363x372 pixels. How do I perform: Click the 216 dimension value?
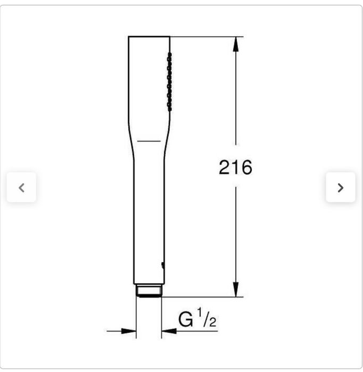tap(235, 167)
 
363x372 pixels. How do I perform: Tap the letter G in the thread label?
tap(185, 320)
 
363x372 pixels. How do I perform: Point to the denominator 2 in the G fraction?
tap(212, 322)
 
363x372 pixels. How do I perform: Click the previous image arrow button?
tap(21, 188)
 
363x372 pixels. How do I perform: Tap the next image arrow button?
tap(341, 188)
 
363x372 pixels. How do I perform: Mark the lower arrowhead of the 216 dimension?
tap(236, 290)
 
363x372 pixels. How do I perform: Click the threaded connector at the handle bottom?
tap(148, 290)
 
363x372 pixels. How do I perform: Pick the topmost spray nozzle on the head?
tap(169, 55)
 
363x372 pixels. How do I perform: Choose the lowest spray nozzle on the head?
tap(169, 108)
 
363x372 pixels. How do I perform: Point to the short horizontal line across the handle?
tap(148, 141)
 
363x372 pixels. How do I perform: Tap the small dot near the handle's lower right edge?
tap(162, 264)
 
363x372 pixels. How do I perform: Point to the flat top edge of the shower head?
tap(148, 37)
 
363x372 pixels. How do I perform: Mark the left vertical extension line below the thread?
tap(136, 319)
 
